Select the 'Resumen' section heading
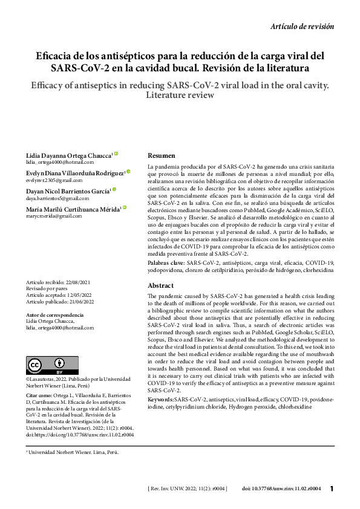pos(162,155)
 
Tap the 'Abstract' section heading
pos(162,285)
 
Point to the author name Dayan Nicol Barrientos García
pos(67,190)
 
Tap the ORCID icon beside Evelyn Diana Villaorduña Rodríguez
pos(128,172)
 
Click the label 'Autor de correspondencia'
pos(55,315)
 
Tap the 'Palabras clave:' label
pos(166,263)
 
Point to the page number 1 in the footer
pos(332,488)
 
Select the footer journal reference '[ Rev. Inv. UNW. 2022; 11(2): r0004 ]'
pos(187,488)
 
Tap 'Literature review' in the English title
pos(180,95)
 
